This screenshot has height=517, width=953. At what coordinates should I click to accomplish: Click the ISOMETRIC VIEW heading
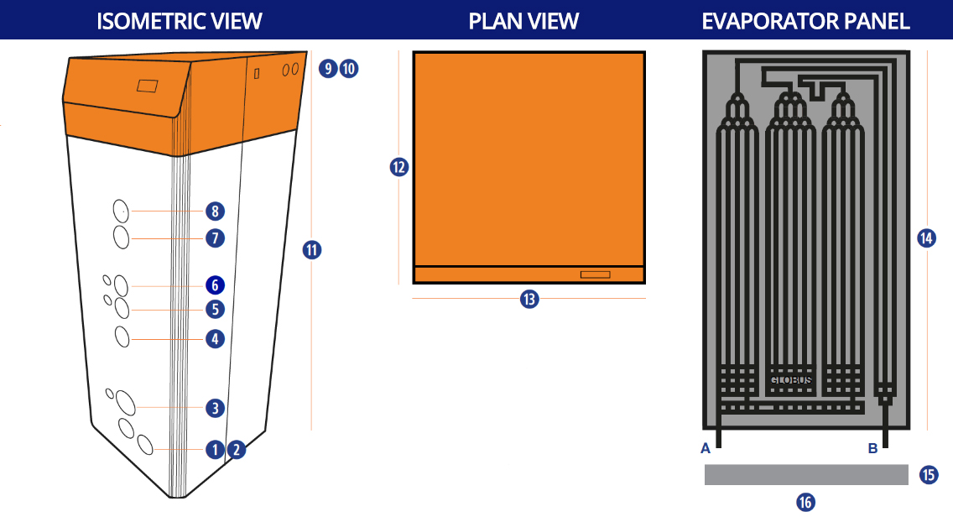coord(180,21)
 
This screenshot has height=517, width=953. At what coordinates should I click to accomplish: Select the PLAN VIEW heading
coord(523,21)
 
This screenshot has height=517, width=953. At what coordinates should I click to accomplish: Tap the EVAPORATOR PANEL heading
coord(805,21)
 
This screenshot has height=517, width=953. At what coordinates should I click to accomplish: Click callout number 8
coord(216,211)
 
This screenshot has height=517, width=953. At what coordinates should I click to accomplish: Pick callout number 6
coord(216,285)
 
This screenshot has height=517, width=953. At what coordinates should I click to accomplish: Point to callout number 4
coord(216,339)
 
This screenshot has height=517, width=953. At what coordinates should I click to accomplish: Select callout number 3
coord(216,408)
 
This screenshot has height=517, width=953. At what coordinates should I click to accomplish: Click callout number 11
coord(311,249)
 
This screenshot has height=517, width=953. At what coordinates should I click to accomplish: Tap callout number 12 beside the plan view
coord(398,167)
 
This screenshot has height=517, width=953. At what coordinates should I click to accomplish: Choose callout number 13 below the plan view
coord(529,299)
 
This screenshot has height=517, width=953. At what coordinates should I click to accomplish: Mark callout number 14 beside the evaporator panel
coord(926,238)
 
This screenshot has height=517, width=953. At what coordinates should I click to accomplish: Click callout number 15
coord(929,475)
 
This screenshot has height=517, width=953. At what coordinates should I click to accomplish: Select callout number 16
coord(805,502)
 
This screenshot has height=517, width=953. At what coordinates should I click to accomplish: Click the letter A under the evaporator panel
coord(706,448)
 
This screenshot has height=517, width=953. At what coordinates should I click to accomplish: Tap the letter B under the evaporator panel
coord(872,448)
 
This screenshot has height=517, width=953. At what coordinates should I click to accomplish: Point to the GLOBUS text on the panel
coord(791,380)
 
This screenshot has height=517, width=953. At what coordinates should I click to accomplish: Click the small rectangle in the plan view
coord(596,274)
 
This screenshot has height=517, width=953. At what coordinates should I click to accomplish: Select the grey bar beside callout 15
coord(805,475)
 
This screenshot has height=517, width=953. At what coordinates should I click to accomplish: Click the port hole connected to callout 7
coord(121,238)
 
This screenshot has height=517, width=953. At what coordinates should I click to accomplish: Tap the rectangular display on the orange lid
coord(148,86)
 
